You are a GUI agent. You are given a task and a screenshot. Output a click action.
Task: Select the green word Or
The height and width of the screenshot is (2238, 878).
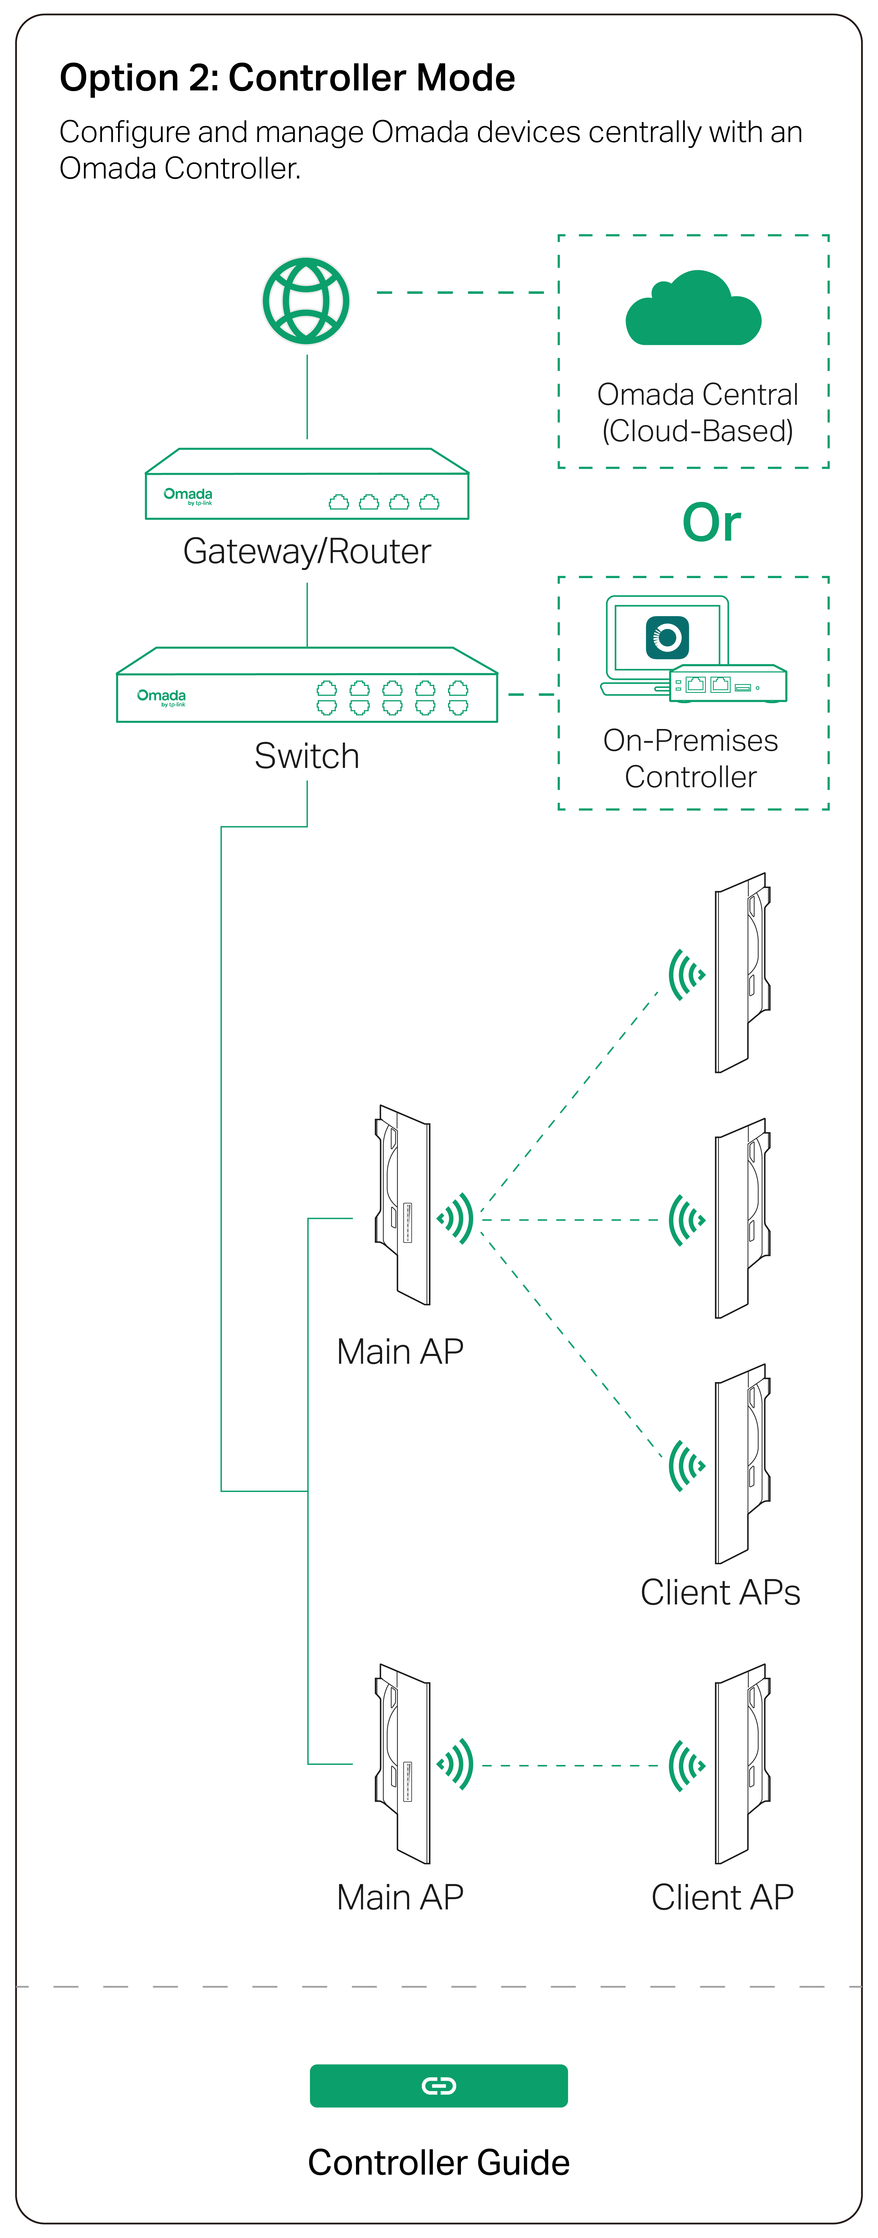click(x=711, y=523)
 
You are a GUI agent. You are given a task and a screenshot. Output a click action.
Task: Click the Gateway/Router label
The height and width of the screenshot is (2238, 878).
click(x=307, y=552)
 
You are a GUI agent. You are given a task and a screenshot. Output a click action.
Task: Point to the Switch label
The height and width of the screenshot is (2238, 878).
click(x=307, y=756)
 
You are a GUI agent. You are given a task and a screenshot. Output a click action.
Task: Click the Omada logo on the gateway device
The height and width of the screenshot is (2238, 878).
click(x=188, y=495)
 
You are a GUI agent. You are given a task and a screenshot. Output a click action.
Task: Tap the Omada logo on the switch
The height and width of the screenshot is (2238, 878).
click(x=161, y=697)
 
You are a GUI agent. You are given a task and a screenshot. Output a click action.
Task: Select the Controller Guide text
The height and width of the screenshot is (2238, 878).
click(x=439, y=2162)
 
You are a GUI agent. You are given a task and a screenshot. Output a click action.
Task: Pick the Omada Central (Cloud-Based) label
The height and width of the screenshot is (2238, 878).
click(x=697, y=413)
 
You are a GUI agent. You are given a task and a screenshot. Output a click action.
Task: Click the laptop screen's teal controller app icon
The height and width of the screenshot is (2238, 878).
click(x=667, y=638)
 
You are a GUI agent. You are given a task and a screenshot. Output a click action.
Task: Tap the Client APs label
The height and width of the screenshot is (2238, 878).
click(x=720, y=1592)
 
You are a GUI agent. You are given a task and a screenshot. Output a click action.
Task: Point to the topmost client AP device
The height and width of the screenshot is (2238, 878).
click(x=743, y=973)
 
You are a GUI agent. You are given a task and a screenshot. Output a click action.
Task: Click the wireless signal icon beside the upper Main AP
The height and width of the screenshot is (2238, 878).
click(x=456, y=1219)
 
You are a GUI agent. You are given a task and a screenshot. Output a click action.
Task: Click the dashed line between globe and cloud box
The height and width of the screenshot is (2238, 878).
click(x=460, y=293)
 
